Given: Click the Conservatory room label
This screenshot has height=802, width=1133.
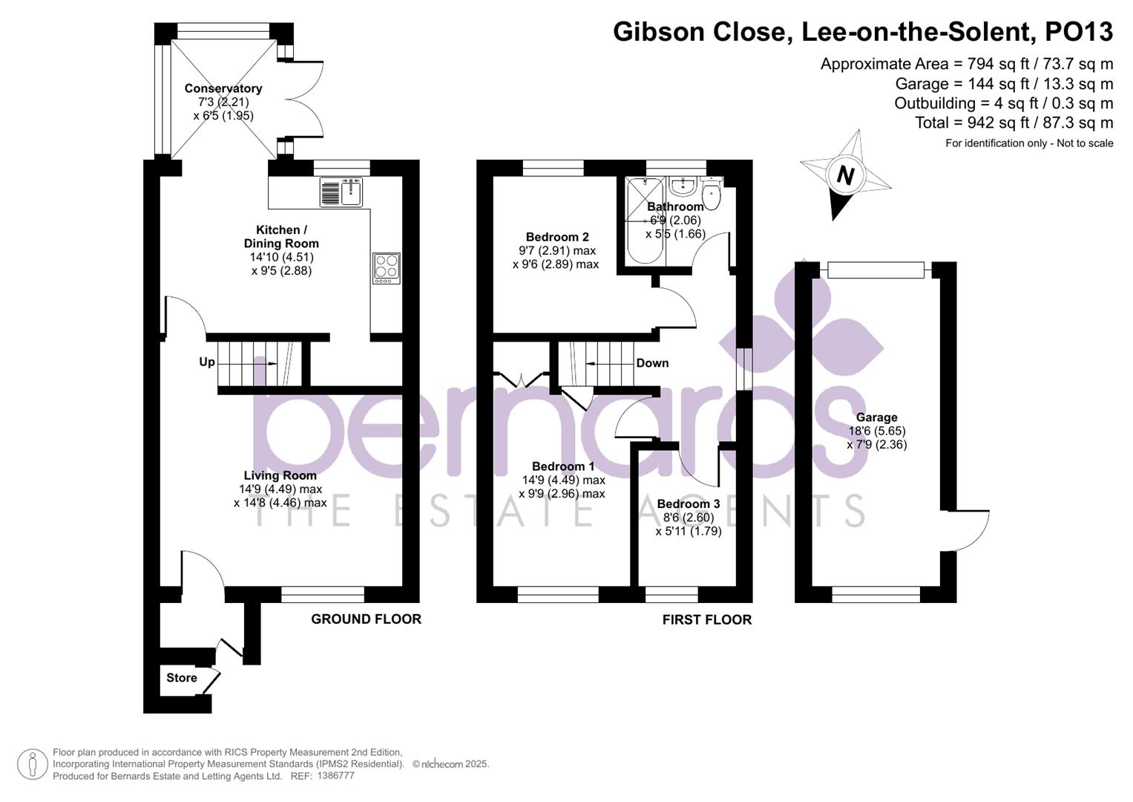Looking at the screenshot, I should [x=223, y=88].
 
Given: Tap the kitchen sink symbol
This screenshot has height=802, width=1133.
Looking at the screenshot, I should [x=341, y=192].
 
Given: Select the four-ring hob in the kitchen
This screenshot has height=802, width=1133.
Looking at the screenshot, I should [x=386, y=268].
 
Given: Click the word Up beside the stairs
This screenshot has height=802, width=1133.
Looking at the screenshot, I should [x=207, y=362].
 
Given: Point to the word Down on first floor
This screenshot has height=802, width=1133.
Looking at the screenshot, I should [x=652, y=363].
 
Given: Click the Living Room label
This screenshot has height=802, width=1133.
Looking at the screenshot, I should [x=280, y=475].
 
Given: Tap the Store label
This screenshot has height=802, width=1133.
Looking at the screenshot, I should [x=182, y=678].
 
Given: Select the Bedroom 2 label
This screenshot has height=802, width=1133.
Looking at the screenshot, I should [x=557, y=237].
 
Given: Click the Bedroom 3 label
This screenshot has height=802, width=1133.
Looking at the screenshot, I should [x=688, y=504].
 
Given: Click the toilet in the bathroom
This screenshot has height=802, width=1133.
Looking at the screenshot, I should [x=711, y=194].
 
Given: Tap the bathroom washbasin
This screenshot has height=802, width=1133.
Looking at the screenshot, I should [x=680, y=185].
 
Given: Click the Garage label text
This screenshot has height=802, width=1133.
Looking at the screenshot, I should [x=876, y=417].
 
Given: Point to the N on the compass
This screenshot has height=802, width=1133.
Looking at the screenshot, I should [x=845, y=176].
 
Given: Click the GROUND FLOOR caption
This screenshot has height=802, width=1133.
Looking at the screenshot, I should [x=366, y=619].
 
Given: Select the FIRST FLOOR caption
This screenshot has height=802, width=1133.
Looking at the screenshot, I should [x=706, y=620].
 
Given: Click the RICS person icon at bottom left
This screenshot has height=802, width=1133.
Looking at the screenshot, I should [x=33, y=764].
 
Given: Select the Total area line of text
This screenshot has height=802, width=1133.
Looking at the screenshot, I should [x=1014, y=123].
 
